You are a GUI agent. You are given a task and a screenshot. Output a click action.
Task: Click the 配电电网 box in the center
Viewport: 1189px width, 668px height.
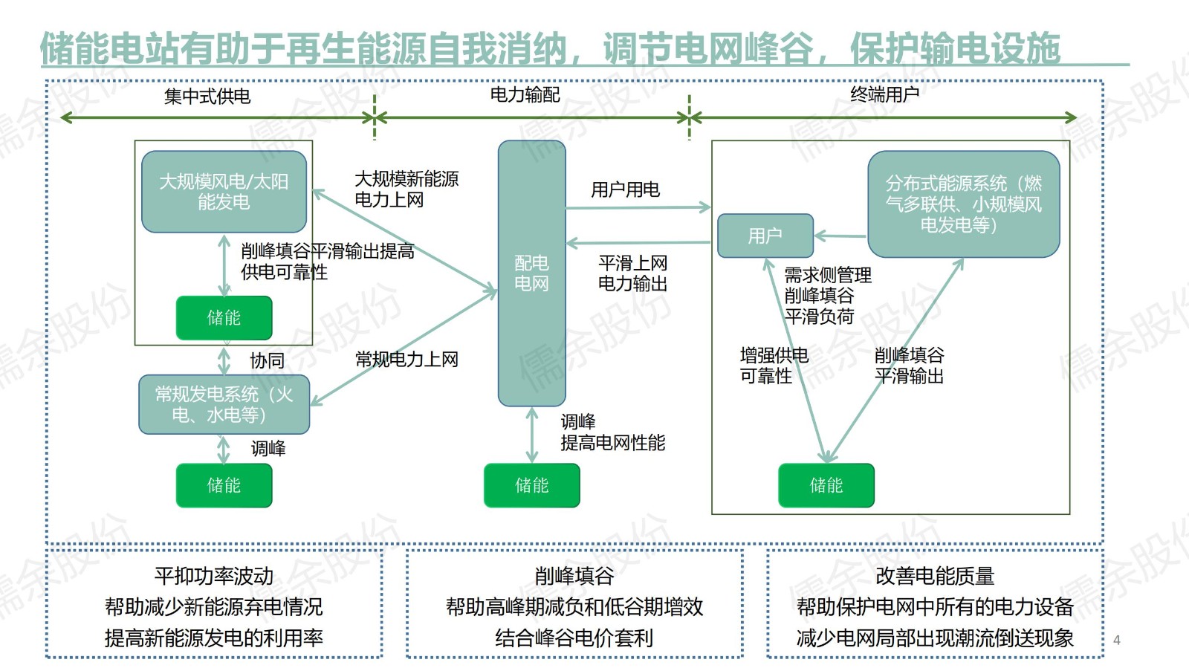(x=531, y=273)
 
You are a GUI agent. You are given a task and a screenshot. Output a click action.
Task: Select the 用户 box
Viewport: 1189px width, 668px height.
(x=765, y=236)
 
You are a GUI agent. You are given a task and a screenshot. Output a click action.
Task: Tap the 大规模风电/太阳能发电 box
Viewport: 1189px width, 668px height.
(x=224, y=192)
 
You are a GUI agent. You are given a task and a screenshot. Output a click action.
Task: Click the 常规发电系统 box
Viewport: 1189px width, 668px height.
(x=224, y=404)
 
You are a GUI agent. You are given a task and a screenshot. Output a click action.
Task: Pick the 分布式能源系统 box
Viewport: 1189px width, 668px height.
(x=963, y=204)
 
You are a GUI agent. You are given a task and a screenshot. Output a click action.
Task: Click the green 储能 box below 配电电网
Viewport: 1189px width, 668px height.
(x=531, y=485)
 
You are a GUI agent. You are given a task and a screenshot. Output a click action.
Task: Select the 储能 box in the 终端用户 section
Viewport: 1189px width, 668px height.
(x=826, y=485)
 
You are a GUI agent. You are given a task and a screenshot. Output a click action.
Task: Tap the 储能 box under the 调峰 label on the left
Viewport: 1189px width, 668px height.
(x=224, y=485)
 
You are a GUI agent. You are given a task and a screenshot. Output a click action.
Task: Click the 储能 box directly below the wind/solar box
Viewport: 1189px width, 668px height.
(x=224, y=318)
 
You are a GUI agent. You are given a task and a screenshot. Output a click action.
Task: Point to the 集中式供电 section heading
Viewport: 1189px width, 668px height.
(x=207, y=96)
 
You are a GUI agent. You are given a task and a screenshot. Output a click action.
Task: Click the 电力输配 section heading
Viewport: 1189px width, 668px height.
(x=525, y=94)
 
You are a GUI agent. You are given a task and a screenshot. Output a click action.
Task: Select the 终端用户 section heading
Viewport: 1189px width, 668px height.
(x=884, y=94)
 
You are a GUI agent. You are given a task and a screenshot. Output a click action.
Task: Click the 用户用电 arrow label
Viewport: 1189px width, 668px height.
(x=625, y=190)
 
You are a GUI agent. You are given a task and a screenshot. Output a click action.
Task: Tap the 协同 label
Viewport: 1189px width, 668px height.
(x=268, y=361)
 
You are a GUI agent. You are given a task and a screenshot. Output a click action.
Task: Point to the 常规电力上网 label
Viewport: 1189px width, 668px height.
(x=406, y=360)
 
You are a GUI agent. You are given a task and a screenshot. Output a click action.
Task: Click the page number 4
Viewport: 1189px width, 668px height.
(x=1116, y=640)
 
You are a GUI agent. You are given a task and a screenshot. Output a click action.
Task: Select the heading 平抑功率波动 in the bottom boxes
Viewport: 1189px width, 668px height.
(x=214, y=576)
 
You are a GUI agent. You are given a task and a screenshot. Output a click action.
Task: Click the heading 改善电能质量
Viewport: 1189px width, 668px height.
(x=935, y=576)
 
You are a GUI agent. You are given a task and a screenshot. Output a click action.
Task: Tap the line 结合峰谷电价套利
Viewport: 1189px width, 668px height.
(x=574, y=638)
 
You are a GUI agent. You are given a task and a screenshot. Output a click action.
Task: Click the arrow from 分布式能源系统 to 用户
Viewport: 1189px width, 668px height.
(x=840, y=236)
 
